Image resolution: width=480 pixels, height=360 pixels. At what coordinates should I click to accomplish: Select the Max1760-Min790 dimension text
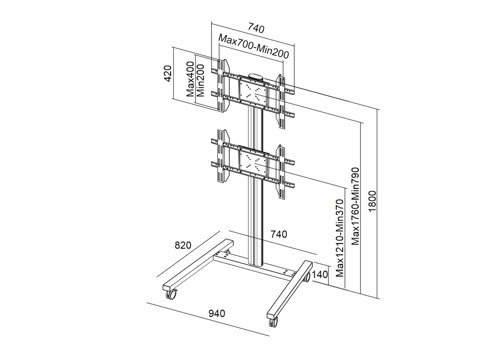point(356,207)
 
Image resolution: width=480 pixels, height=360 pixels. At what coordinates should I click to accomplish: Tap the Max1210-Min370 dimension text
point(340,238)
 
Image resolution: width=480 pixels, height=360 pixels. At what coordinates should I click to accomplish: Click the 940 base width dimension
point(217,313)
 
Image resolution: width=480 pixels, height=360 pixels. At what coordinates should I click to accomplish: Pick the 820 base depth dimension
point(182,245)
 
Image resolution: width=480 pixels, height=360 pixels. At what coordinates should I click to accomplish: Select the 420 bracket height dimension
point(168,74)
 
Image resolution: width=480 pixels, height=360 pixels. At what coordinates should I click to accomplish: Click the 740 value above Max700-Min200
point(256,29)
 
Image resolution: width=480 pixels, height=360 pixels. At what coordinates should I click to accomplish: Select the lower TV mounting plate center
point(255,162)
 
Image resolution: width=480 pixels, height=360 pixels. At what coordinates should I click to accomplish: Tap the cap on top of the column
point(256,76)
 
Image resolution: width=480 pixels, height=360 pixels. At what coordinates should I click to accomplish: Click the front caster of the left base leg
point(171,293)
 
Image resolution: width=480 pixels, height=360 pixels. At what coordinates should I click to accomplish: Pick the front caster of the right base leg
point(273,320)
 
